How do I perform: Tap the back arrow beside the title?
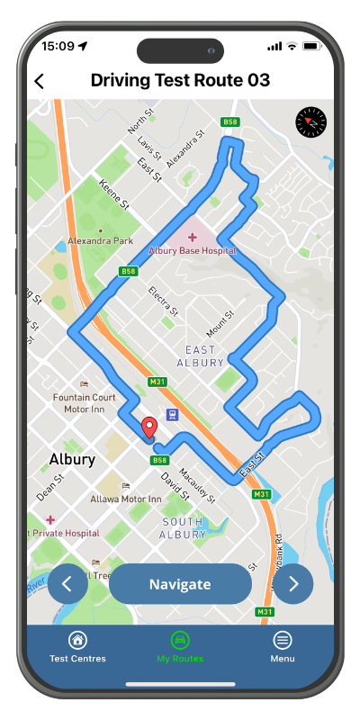click(40, 81)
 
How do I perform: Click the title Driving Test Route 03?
click(180, 80)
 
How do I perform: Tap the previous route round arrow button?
click(67, 584)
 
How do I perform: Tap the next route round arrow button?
click(292, 584)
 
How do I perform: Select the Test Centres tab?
click(77, 647)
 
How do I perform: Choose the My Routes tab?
click(180, 647)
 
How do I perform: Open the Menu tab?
click(283, 647)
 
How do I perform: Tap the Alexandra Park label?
click(100, 241)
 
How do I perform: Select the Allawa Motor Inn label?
click(125, 499)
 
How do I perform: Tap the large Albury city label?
click(72, 460)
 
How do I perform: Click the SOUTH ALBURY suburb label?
click(184, 528)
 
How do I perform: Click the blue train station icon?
click(173, 415)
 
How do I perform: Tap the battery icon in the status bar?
click(311, 45)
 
